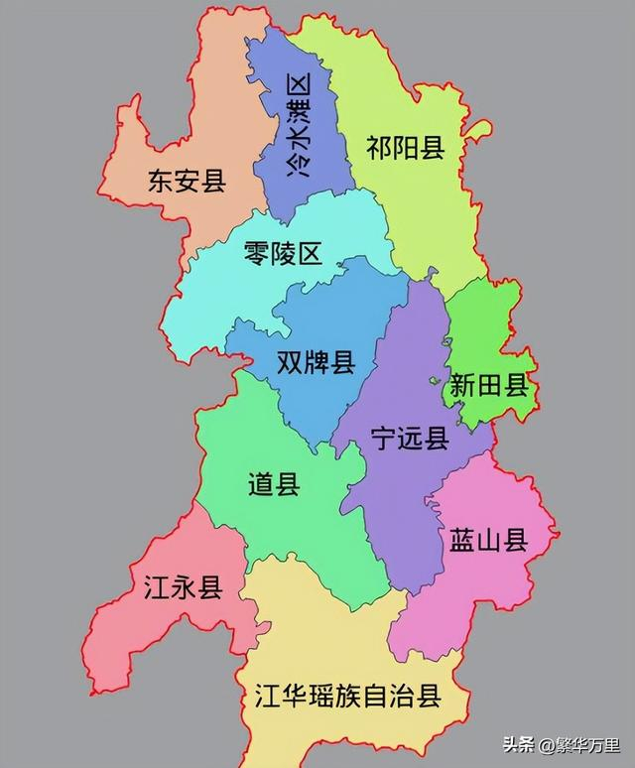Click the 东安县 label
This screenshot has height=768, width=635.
pos(187,182)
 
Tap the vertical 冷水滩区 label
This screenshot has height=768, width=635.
pos(297,126)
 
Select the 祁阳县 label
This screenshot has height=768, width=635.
pos(404,149)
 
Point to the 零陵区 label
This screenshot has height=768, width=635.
pos(283,253)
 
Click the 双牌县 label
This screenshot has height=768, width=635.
pos(316,363)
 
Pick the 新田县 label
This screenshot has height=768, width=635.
pos(489,386)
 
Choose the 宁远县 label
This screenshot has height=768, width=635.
pos(409,439)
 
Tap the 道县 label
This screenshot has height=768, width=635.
pos(274,485)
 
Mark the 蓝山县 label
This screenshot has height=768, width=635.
pos(488,540)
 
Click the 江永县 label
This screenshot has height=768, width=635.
pos(184,587)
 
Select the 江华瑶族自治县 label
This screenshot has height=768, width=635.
pos(347,696)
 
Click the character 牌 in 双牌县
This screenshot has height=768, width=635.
pos(316,363)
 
